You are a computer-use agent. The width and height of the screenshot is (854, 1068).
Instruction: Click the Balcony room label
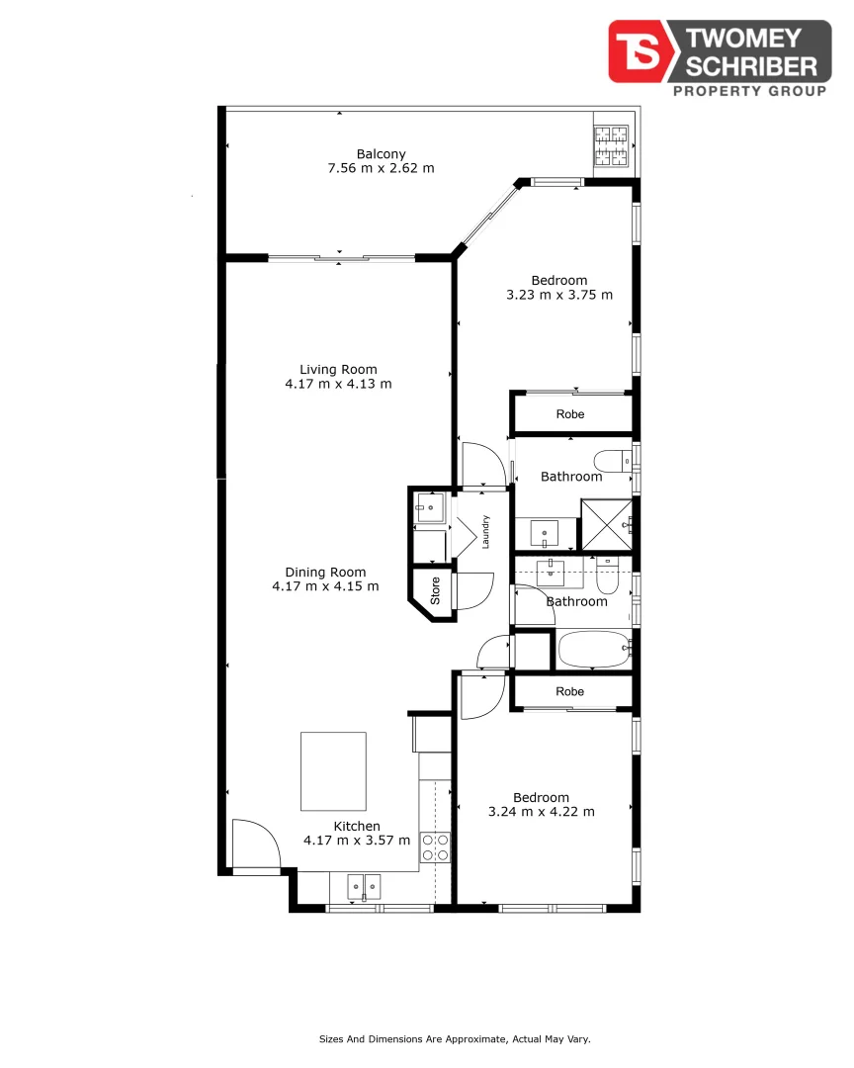[x=381, y=154]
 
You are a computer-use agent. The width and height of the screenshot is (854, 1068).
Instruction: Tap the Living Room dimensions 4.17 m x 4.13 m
[x=338, y=384]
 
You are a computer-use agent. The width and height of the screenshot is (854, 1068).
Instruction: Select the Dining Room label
[x=325, y=573]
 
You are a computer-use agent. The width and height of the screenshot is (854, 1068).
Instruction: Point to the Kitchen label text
[x=357, y=826]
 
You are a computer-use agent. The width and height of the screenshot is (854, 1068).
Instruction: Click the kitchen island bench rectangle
[x=334, y=771]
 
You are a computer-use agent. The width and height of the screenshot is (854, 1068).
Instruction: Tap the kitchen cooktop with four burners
[x=435, y=847]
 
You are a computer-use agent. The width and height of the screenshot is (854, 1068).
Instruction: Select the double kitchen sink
[x=365, y=887]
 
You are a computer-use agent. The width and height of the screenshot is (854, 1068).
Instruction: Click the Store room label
[x=435, y=590]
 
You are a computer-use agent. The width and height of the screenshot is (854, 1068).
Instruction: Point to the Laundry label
[x=485, y=532]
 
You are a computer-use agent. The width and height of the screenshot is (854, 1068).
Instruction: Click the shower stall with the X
[x=606, y=524]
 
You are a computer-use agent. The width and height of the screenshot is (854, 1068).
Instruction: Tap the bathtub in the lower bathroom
[x=595, y=650]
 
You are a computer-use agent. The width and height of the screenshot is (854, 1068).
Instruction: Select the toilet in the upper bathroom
[x=613, y=461]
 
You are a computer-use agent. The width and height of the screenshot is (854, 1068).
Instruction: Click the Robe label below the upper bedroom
[x=570, y=414]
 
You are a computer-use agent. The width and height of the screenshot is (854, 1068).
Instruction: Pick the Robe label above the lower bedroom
[x=570, y=691]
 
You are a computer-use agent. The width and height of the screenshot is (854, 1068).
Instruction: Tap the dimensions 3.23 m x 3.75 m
[x=559, y=295]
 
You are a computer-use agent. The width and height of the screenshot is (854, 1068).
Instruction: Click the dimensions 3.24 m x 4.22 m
[x=542, y=812]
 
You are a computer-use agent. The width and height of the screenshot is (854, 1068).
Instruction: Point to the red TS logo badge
[x=641, y=51]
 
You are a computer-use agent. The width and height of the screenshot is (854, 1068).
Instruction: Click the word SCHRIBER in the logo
[x=751, y=67]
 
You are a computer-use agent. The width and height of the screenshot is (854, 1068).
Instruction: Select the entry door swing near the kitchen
[x=256, y=844]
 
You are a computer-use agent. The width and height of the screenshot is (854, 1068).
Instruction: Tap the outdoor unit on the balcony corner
[x=611, y=145]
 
